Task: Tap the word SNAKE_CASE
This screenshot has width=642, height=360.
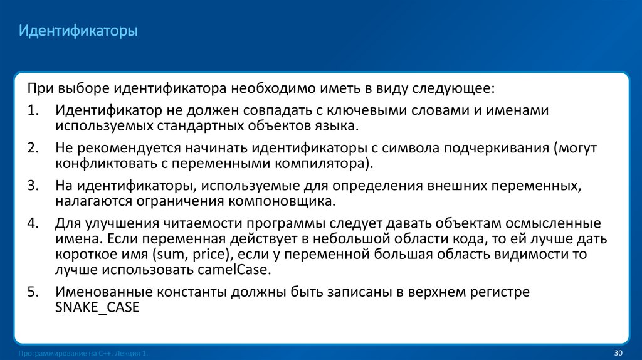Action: coord(97,307)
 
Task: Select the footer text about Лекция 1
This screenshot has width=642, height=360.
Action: coord(84,354)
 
